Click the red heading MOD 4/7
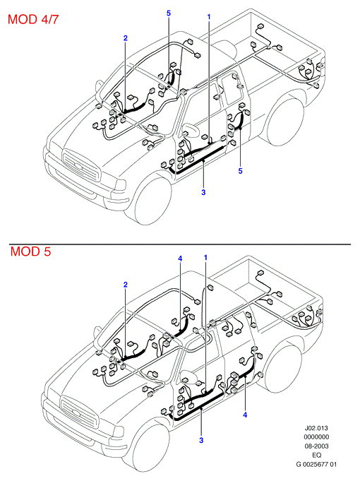[33, 19]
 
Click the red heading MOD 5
[30, 251]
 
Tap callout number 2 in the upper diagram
[126, 38]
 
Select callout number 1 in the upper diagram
[209, 16]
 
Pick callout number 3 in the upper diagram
[203, 192]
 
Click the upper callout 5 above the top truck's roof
[169, 13]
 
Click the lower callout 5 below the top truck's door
[241, 171]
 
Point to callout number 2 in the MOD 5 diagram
[126, 285]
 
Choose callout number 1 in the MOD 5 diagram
[205, 257]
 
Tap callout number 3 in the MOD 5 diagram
[201, 440]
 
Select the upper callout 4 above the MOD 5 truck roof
[180, 259]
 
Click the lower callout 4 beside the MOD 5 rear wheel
[245, 415]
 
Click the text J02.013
[316, 427]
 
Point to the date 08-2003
[316, 446]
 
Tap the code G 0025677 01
[316, 464]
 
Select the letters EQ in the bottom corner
[316, 455]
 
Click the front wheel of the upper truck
[152, 201]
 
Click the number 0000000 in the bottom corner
[316, 437]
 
